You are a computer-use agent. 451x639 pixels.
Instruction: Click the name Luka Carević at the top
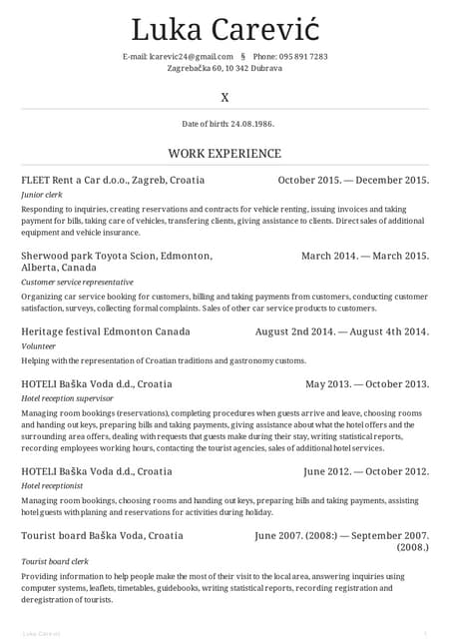pyautogui.click(x=225, y=29)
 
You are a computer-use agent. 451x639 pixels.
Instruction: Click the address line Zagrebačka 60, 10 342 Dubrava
pyautogui.click(x=225, y=68)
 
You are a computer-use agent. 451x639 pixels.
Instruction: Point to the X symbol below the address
pyautogui.click(x=225, y=98)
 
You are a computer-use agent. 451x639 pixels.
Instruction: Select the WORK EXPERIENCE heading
pyautogui.click(x=225, y=154)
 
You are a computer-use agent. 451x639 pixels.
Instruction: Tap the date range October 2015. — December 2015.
pyautogui.click(x=353, y=180)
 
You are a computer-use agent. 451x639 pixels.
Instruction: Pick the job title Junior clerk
pyautogui.click(x=42, y=196)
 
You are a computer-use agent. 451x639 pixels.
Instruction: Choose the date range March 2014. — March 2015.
pyautogui.click(x=365, y=256)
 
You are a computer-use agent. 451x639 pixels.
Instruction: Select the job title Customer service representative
pyautogui.click(x=77, y=283)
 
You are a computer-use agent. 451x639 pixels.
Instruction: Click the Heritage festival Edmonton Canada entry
pyautogui.click(x=105, y=330)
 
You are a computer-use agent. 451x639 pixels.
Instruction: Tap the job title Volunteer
pyautogui.click(x=39, y=346)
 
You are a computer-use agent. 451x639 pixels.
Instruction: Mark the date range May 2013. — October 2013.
pyautogui.click(x=367, y=383)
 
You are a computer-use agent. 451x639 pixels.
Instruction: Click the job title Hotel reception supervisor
pyautogui.click(x=67, y=399)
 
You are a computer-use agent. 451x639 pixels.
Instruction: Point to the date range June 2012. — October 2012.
pyautogui.click(x=366, y=470)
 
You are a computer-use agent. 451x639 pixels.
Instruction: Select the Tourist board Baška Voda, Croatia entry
pyautogui.click(x=102, y=535)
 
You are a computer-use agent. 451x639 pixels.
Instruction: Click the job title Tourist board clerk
pyautogui.click(x=54, y=562)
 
